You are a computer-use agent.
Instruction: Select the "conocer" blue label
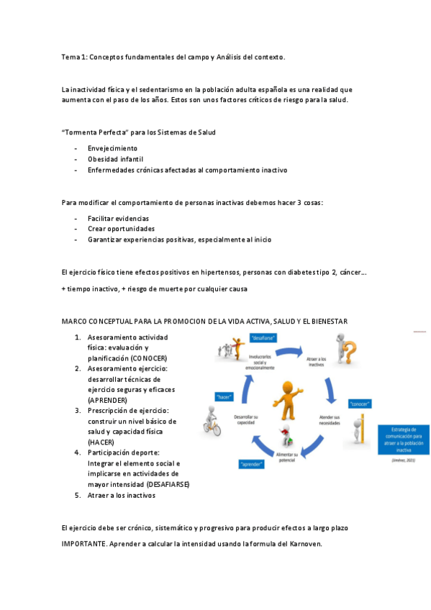(x=360, y=404)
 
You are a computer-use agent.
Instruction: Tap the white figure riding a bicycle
(x=211, y=422)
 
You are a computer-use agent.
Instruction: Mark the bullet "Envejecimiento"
(x=112, y=147)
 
